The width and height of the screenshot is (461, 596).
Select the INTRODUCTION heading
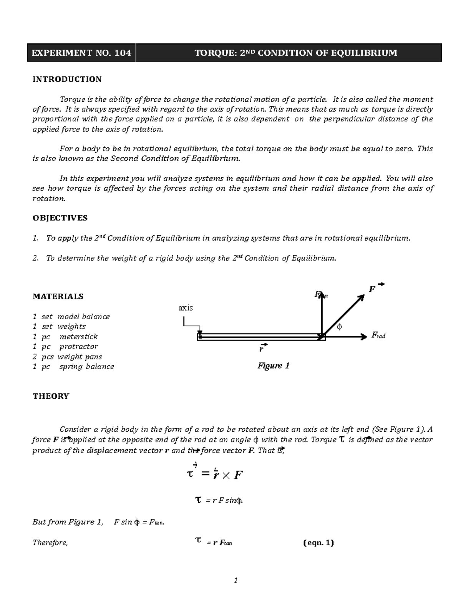(x=67, y=79)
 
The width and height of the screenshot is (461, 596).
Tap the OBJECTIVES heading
(x=60, y=218)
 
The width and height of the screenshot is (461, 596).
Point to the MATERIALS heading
(x=58, y=296)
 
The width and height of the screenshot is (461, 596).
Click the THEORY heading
(x=51, y=396)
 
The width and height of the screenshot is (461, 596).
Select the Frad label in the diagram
(x=378, y=335)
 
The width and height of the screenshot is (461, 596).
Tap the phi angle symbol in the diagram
(x=339, y=327)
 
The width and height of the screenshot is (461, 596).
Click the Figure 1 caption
(x=273, y=366)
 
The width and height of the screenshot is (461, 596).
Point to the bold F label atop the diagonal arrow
(x=371, y=289)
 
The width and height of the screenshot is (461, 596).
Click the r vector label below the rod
(x=261, y=349)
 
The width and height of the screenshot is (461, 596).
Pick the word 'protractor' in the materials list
(x=79, y=347)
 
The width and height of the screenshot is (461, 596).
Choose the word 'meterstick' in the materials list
(x=78, y=337)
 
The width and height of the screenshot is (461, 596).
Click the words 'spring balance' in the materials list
(x=86, y=367)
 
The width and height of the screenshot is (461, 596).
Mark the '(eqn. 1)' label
(x=318, y=543)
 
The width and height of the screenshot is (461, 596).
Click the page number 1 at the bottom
(x=236, y=581)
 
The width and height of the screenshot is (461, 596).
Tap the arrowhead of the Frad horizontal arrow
(x=364, y=337)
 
